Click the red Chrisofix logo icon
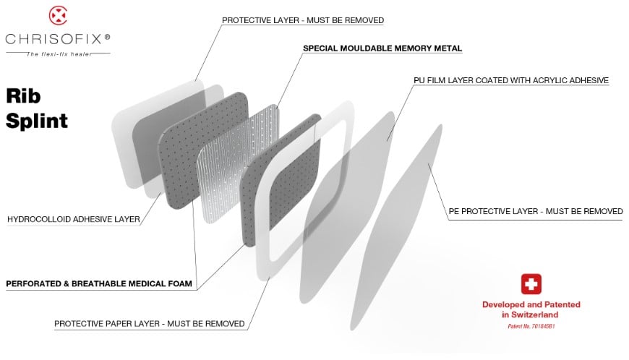(58, 16)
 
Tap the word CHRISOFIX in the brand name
(54, 39)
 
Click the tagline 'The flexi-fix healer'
(59, 54)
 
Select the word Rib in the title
(23, 96)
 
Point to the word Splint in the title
(37, 121)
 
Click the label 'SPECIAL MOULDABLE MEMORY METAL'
(382, 48)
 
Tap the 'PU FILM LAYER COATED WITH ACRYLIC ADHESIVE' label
(511, 80)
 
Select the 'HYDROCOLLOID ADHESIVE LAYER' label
(74, 219)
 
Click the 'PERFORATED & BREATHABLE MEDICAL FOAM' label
(99, 284)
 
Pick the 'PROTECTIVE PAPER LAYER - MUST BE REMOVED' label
(149, 324)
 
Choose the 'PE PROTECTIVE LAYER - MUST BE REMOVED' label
(536, 211)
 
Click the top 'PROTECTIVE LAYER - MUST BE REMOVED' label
(303, 20)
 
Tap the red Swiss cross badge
(531, 284)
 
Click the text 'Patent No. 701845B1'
(531, 326)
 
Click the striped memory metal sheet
(236, 164)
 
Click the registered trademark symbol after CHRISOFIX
(107, 37)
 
